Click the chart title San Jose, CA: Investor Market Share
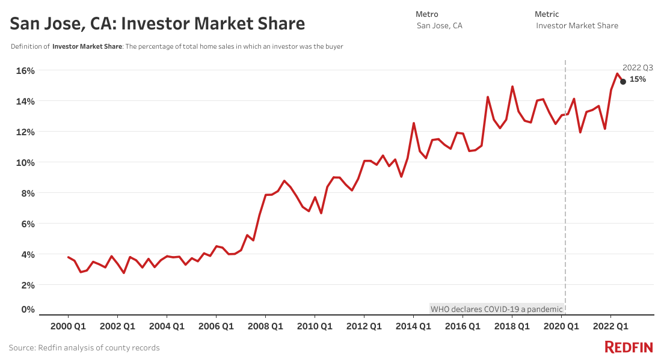point(158,24)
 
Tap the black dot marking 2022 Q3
point(623,82)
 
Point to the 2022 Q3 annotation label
point(638,68)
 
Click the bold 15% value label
point(638,79)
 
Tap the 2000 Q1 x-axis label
point(68,326)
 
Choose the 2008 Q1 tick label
point(265,326)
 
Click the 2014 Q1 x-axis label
point(413,326)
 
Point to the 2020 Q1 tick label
point(561,326)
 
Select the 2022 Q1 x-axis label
point(610,326)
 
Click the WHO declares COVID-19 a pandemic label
point(497,310)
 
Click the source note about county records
point(84,348)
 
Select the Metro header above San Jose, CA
point(427,14)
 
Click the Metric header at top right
point(547,14)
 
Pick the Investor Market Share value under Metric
point(577,26)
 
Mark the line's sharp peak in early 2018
point(512,87)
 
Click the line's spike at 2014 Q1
point(414,123)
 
